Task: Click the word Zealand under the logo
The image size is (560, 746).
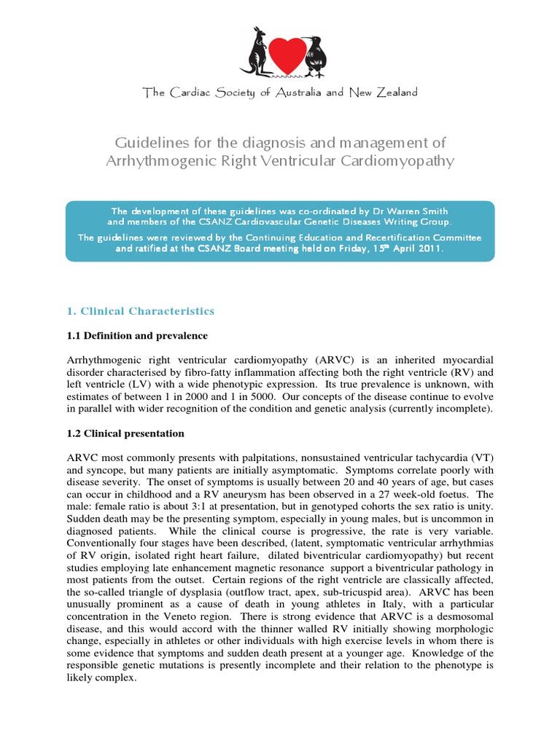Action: pyautogui.click(x=394, y=93)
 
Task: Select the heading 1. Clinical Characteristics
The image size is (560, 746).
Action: pyautogui.click(x=141, y=311)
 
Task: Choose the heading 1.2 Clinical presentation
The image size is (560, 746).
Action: pyautogui.click(x=125, y=433)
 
